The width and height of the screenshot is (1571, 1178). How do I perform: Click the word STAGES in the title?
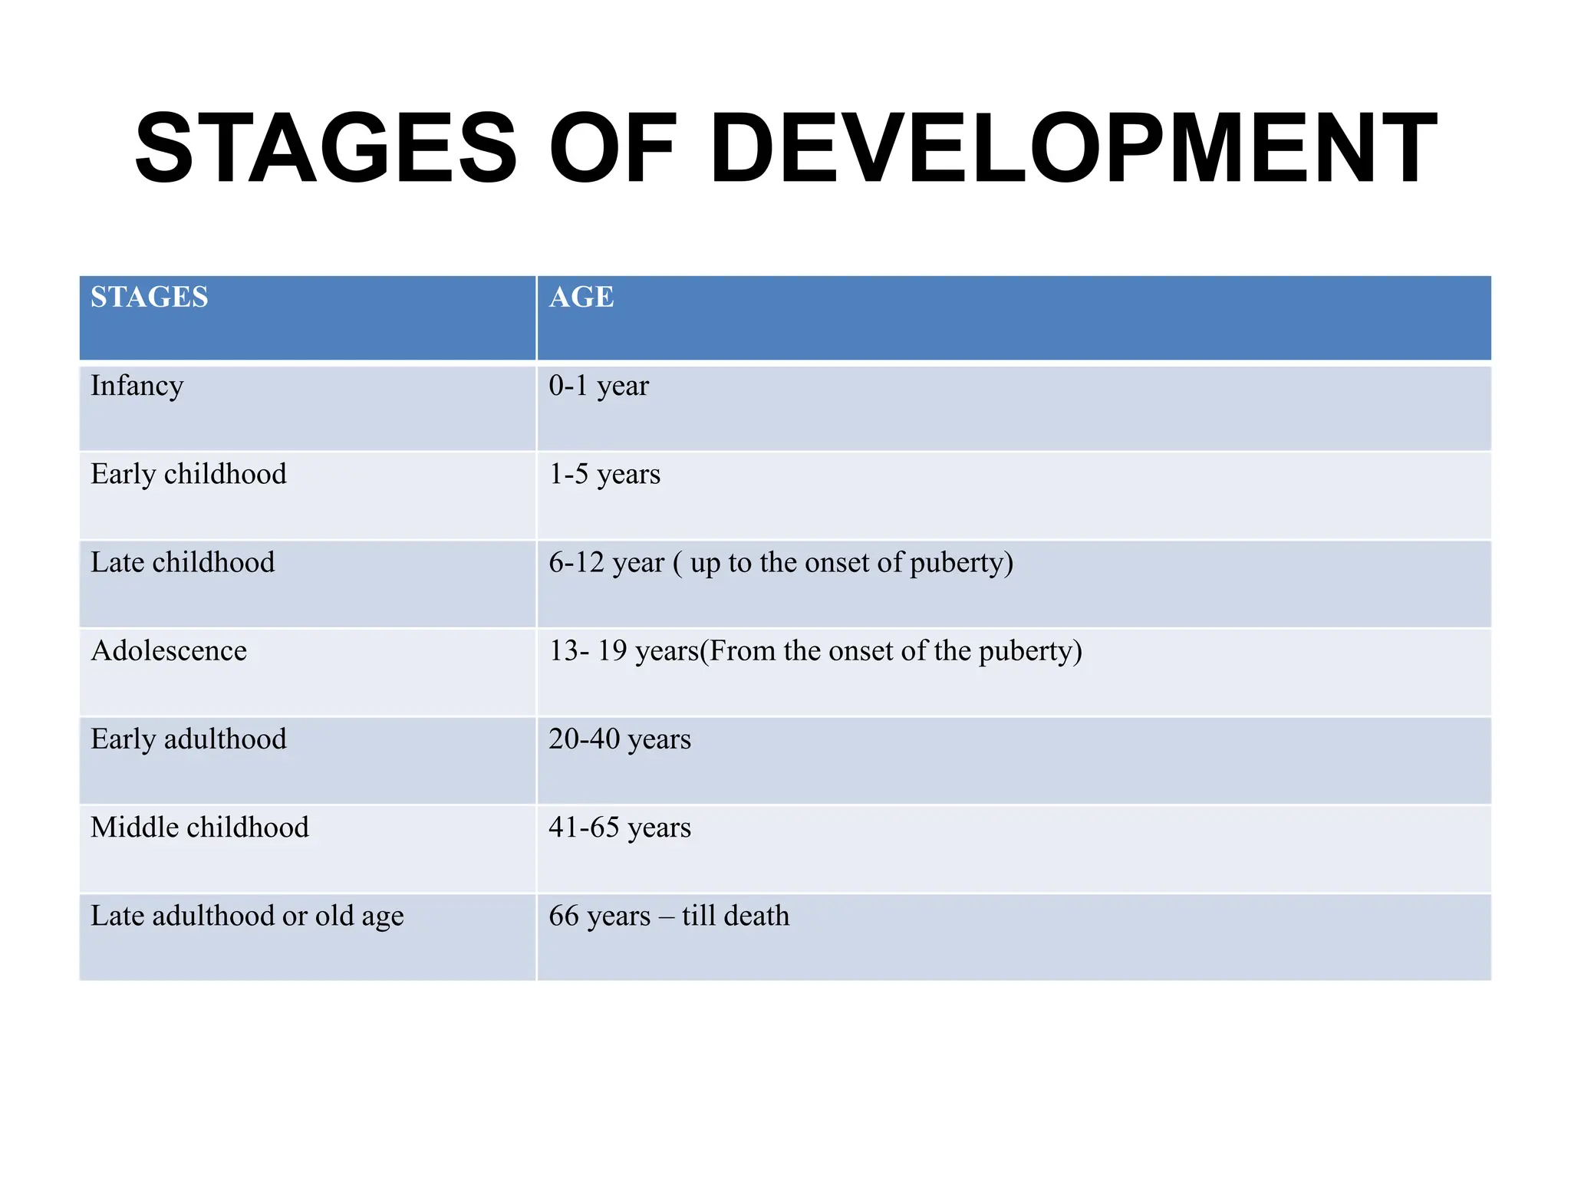pos(326,148)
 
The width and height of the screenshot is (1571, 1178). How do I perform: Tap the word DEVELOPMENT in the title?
pos(1073,148)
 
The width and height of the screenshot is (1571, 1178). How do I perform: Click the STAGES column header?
pos(150,297)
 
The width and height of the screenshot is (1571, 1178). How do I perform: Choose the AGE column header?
pos(581,297)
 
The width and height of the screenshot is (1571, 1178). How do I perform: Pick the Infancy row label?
pos(137,386)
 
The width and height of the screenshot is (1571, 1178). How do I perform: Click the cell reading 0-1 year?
pos(598,386)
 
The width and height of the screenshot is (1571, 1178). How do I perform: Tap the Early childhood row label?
pos(189,474)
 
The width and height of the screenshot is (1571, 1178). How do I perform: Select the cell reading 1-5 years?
pos(604,474)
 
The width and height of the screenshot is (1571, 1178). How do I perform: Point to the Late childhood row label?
pos(183,562)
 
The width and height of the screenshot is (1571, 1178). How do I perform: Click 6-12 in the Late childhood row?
pos(577,562)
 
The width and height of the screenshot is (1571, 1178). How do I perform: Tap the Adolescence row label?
pos(169,650)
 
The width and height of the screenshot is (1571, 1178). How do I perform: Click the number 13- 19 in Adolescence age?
pos(588,650)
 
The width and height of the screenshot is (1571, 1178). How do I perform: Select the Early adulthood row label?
pos(189,739)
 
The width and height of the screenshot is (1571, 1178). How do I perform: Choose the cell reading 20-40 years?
pos(620,739)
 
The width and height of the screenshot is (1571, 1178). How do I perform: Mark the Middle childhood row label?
pos(199,828)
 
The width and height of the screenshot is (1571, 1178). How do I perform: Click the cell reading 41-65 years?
pos(620,828)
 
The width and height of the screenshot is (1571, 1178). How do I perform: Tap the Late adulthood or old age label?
pos(247,916)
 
